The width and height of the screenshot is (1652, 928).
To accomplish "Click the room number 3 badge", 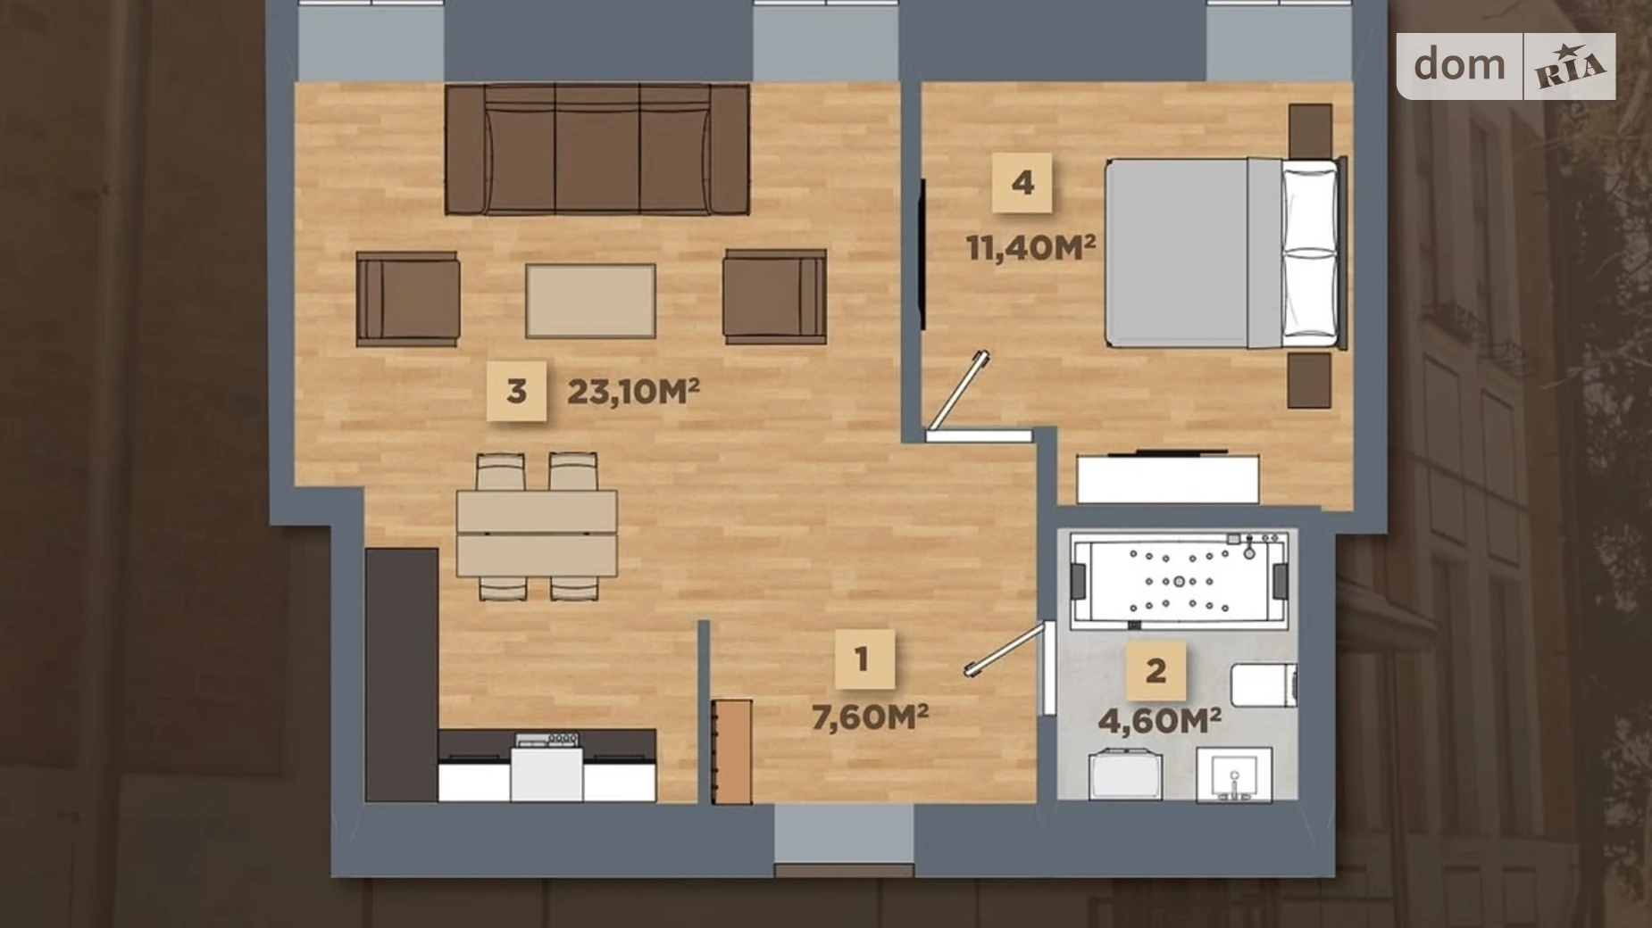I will tap(516, 391).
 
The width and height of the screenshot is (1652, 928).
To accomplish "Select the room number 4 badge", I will tap(1022, 183).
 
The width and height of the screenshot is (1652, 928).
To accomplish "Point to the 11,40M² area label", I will tap(1030, 247).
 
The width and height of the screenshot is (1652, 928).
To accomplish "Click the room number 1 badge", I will tap(862, 659).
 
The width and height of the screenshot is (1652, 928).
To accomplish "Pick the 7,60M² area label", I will tap(870, 717).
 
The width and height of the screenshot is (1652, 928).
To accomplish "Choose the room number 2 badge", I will tap(1156, 670).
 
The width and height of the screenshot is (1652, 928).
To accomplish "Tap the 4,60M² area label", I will tap(1159, 720).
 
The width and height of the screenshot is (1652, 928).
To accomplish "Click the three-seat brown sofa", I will tap(597, 150).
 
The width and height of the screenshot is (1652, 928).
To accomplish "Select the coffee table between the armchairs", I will tap(590, 301).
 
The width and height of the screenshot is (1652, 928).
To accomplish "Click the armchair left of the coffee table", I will tap(407, 298).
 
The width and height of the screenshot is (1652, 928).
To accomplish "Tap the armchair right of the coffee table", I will tap(774, 296).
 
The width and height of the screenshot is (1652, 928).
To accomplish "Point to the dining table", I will tap(537, 533).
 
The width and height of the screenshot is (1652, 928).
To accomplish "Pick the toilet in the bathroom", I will tap(1264, 685).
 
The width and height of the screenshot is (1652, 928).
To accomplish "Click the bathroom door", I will tap(1005, 650).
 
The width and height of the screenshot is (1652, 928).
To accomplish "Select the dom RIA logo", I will tap(1506, 66).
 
